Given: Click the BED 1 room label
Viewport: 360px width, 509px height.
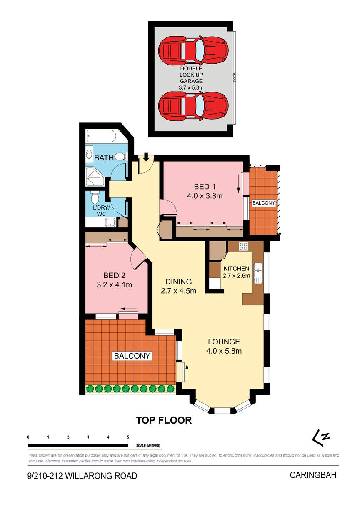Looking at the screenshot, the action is coord(205,187).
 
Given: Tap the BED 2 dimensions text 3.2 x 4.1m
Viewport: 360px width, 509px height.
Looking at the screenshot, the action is coord(114,285).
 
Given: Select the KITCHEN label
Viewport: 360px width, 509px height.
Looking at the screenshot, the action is coord(236,269).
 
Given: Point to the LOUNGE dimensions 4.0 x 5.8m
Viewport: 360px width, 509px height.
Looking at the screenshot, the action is coord(224,351).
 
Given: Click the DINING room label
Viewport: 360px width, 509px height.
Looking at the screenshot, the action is coord(178,282).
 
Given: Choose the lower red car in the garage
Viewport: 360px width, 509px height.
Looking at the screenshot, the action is coord(193,105).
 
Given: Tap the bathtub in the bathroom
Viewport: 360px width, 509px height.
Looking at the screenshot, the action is coord(101,136).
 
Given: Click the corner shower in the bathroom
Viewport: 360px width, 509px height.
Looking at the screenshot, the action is coord(95,175).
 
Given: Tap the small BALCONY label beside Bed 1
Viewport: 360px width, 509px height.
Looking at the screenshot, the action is coord(264,203).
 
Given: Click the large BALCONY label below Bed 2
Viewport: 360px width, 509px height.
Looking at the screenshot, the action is coord(132,356).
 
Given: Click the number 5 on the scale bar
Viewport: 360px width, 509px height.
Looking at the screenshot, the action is coord(128,437).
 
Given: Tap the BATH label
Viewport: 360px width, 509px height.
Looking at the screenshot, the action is coord(104,158).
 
